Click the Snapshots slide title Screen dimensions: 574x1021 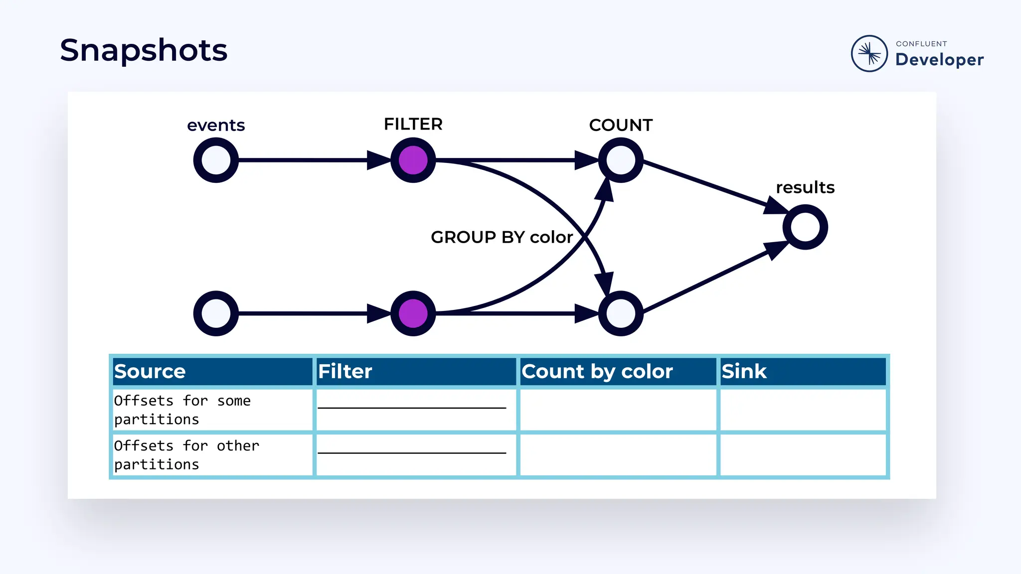point(144,50)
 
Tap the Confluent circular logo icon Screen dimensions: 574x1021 point(869,53)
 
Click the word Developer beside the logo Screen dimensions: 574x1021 point(939,60)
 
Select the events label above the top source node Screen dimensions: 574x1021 point(216,125)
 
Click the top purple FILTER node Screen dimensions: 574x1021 point(413,160)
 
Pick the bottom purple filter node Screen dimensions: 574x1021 point(413,313)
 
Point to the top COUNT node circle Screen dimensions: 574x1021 point(621,160)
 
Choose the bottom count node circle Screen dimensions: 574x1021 point(621,313)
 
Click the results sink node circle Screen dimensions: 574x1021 point(805,227)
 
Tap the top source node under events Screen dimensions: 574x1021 point(216,160)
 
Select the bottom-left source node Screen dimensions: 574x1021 point(216,313)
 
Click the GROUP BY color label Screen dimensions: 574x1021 point(502,237)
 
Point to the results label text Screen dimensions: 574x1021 point(805,187)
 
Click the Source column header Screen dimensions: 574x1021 point(150,372)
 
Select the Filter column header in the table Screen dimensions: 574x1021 point(345,372)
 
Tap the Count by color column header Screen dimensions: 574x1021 point(597,372)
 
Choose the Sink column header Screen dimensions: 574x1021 point(744,372)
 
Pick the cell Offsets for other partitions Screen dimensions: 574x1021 point(186,455)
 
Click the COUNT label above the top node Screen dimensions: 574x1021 point(621,125)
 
